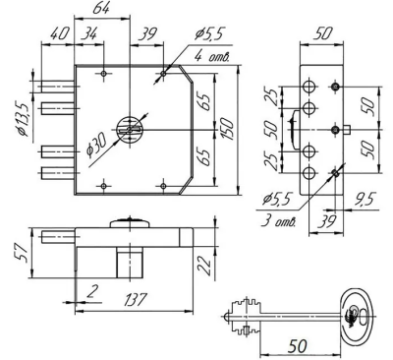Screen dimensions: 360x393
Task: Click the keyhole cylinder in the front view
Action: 129,127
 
